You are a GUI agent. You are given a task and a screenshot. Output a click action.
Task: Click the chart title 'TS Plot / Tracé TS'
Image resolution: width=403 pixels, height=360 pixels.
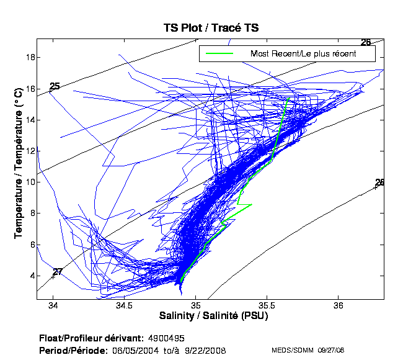coord(211,27)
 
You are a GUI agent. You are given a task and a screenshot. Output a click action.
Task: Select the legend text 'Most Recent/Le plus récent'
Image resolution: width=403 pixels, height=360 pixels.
coord(303,54)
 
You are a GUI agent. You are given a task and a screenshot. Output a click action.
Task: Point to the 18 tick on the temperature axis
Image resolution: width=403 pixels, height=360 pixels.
coord(30,58)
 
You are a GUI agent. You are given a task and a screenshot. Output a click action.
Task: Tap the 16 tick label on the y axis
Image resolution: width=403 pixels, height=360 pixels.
coord(30,89)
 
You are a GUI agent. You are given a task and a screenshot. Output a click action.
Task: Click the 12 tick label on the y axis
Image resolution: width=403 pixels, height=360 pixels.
coord(30,151)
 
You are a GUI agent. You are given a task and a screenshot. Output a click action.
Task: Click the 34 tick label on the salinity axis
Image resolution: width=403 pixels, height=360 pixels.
coord(53,306)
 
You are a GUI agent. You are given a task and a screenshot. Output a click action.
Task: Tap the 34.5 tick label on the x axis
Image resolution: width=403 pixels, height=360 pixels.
coord(125,306)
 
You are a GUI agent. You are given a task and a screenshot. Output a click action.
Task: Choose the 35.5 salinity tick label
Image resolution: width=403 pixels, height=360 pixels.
coord(267,306)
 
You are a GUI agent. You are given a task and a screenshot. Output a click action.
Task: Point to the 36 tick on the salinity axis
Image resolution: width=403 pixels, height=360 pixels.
coord(339,306)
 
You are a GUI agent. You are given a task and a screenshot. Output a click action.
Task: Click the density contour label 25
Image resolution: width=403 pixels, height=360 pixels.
coord(55,86)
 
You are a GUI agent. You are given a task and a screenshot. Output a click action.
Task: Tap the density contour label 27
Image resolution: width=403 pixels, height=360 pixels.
coord(58,272)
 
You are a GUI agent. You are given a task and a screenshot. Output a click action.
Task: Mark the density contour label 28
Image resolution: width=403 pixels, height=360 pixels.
coord(380,182)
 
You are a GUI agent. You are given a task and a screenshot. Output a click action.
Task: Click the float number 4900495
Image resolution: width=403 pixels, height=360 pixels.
coord(166,338)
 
